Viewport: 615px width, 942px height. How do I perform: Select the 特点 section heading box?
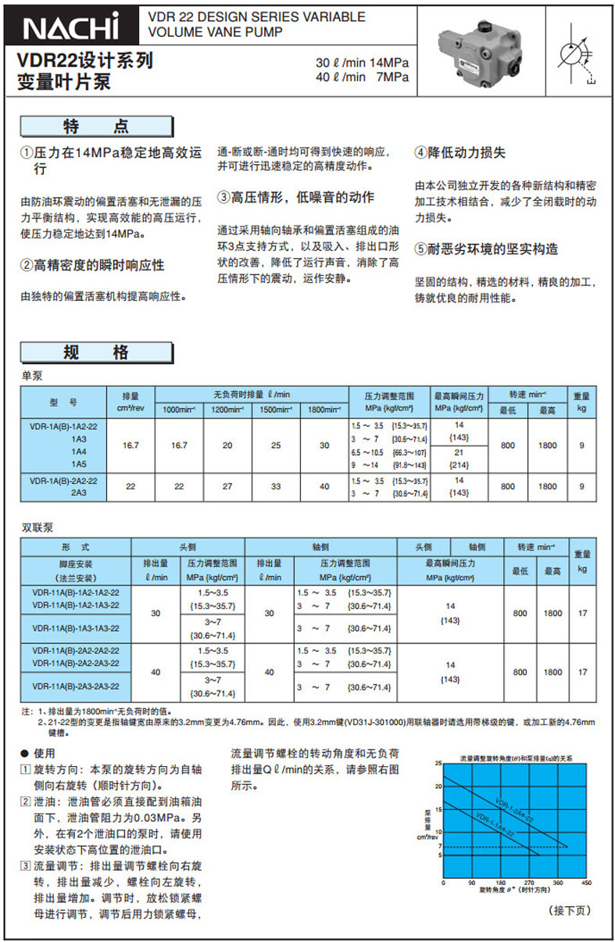click(x=96, y=127)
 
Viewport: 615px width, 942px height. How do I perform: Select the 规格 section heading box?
click(x=96, y=353)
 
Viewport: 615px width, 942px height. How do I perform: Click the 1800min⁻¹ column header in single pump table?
click(x=324, y=410)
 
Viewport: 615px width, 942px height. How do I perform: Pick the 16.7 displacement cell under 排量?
click(x=131, y=445)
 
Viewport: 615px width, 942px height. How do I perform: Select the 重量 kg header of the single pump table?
click(x=581, y=402)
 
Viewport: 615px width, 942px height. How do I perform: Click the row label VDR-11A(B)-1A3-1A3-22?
click(x=76, y=628)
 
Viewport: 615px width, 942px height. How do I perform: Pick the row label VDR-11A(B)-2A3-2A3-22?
click(x=76, y=686)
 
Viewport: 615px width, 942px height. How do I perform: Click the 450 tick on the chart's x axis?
click(x=587, y=883)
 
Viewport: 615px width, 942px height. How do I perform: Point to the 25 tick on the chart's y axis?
click(x=438, y=762)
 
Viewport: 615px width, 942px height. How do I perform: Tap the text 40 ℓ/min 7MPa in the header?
click(x=361, y=77)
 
